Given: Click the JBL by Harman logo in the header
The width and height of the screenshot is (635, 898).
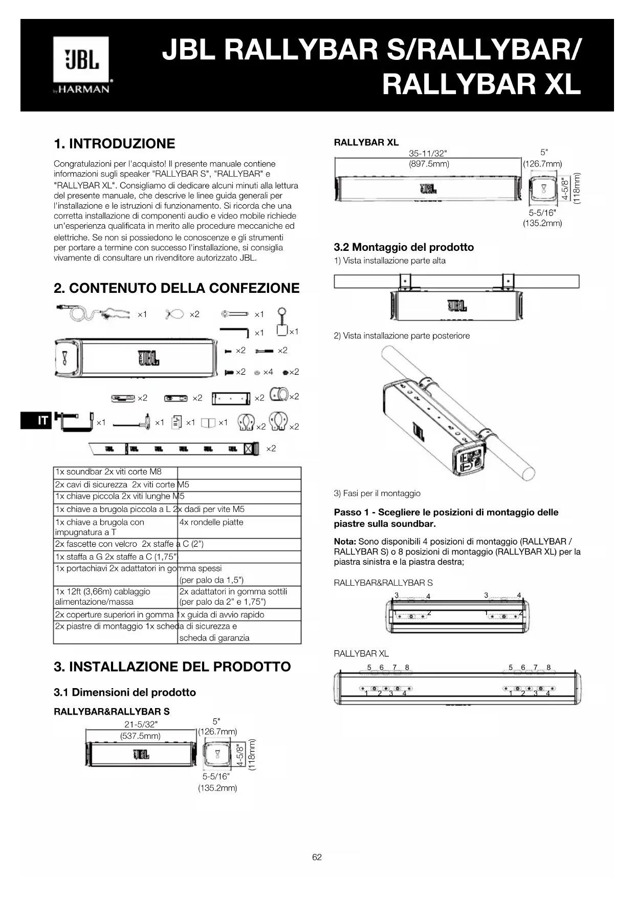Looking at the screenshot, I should coord(81,65).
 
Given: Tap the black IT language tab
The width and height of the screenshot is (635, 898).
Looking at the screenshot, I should coord(36,420).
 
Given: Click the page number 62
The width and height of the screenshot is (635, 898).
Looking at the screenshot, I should coord(317,857).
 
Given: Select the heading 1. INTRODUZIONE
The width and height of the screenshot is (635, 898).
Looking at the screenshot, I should coord(114,143).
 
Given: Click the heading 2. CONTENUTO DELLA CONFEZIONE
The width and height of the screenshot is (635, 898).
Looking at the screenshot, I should coord(177,288).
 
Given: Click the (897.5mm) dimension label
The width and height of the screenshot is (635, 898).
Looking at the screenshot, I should coord(429,164).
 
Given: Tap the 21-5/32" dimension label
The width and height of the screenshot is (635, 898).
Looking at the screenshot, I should coord(141,724).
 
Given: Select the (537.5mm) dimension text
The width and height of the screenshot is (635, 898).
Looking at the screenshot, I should coord(140,736).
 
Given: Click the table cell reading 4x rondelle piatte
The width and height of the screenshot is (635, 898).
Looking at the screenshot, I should coord(211,522).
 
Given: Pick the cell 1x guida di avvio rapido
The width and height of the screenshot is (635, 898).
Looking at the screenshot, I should coord(221,614).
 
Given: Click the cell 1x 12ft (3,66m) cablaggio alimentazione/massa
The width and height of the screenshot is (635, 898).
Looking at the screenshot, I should coord(102,596).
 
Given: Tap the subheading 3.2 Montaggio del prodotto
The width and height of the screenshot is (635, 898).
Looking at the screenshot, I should coord(404,247).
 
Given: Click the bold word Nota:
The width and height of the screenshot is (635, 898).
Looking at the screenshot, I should coord(345,542).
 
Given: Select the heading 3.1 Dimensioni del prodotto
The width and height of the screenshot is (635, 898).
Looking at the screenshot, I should coord(125,692).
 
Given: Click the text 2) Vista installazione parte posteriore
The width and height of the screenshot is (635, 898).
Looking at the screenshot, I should coord(402,336).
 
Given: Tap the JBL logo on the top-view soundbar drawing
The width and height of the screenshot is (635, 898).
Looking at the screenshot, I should coord(457,306).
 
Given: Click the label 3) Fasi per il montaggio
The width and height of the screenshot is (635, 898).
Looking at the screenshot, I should coord(377,494).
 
